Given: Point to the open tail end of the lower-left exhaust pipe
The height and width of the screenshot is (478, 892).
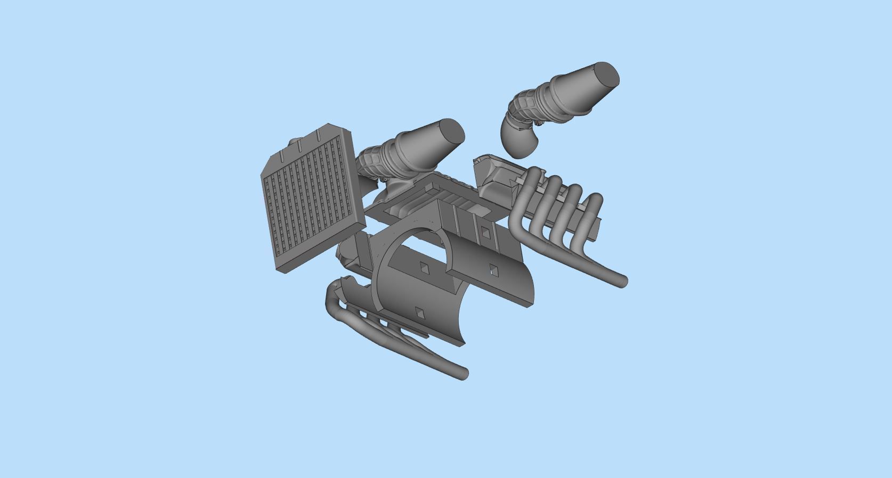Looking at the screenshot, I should (463, 373).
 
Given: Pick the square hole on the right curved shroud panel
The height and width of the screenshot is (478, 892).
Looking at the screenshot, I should (493, 270).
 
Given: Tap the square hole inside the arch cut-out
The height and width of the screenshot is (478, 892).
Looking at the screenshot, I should (424, 268).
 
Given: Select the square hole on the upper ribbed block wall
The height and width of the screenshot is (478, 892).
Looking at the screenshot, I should (484, 232).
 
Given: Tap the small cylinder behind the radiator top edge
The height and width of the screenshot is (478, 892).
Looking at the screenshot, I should (294, 143).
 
